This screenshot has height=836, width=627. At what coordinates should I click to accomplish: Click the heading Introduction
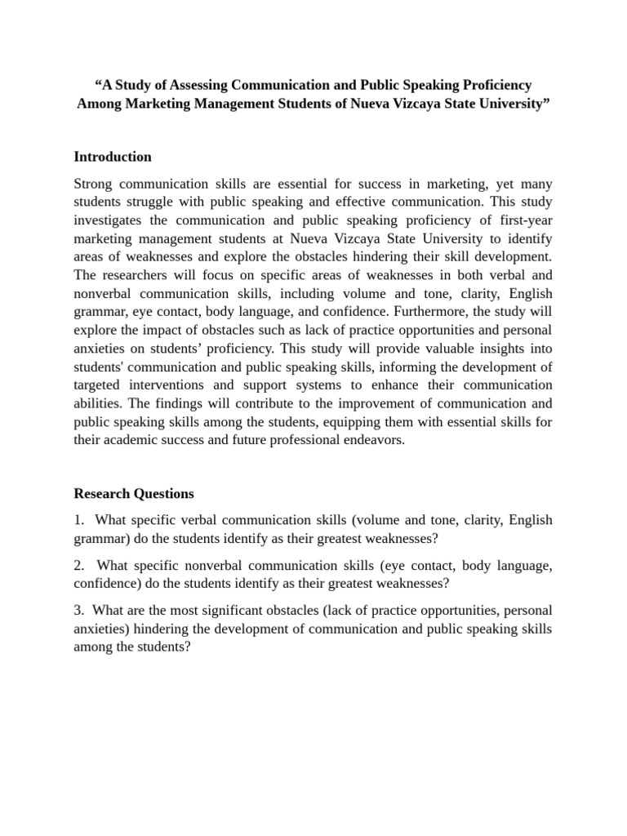point(113,157)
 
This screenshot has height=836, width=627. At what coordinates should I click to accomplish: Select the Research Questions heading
point(134,493)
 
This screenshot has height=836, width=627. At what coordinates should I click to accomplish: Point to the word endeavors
point(369,440)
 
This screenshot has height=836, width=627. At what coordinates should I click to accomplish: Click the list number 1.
point(78,520)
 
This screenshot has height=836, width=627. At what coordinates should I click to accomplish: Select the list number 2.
point(78,565)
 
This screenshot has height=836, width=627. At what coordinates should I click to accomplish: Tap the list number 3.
point(78,610)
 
